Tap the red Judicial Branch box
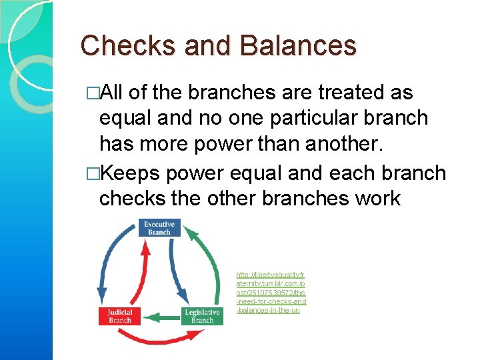[120, 316]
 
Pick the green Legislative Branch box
[202, 316]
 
